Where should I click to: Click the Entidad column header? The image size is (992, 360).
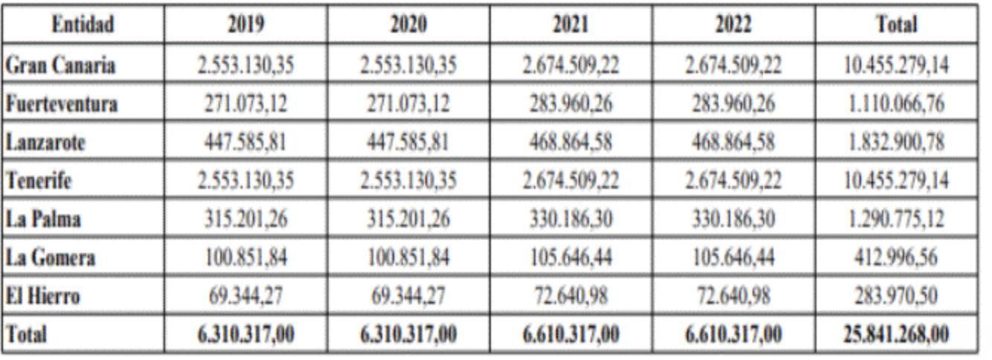click(x=83, y=24)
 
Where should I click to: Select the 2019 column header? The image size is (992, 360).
click(x=246, y=24)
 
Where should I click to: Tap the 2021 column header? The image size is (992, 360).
click(x=571, y=24)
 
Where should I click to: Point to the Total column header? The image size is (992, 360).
click(x=897, y=24)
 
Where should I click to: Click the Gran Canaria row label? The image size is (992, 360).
click(x=60, y=65)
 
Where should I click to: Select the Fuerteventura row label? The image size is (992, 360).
click(x=62, y=103)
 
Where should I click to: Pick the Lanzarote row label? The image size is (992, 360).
click(x=45, y=142)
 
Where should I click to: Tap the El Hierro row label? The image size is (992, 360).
click(x=42, y=295)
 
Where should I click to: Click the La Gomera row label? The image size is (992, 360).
click(x=50, y=257)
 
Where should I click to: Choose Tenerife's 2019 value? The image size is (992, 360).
click(x=246, y=181)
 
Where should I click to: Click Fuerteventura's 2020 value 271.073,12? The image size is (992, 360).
click(x=408, y=103)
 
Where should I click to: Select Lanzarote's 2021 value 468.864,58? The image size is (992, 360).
click(x=571, y=142)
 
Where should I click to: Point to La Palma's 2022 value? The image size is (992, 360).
click(x=733, y=219)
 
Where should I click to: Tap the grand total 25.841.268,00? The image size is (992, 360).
click(x=896, y=334)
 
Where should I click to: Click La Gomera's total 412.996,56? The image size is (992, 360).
click(x=896, y=257)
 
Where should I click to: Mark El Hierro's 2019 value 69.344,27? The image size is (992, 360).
click(x=246, y=295)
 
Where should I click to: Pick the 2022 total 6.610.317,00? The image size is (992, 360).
click(x=733, y=334)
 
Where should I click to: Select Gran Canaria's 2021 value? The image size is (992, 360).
click(x=571, y=65)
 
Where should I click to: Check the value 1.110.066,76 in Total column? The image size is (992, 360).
click(x=896, y=103)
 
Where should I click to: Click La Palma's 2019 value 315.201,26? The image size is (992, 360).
click(x=246, y=219)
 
